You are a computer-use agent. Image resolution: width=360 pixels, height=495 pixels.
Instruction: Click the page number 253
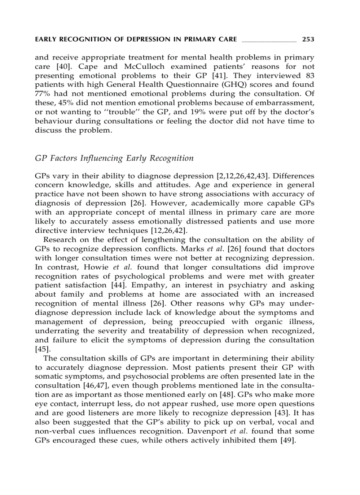coord(308,40)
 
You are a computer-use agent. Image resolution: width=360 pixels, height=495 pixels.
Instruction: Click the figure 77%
coord(42,93)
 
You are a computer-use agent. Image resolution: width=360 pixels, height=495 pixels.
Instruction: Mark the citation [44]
coord(105,285)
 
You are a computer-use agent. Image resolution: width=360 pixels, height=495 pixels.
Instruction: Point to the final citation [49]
coord(287,439)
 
